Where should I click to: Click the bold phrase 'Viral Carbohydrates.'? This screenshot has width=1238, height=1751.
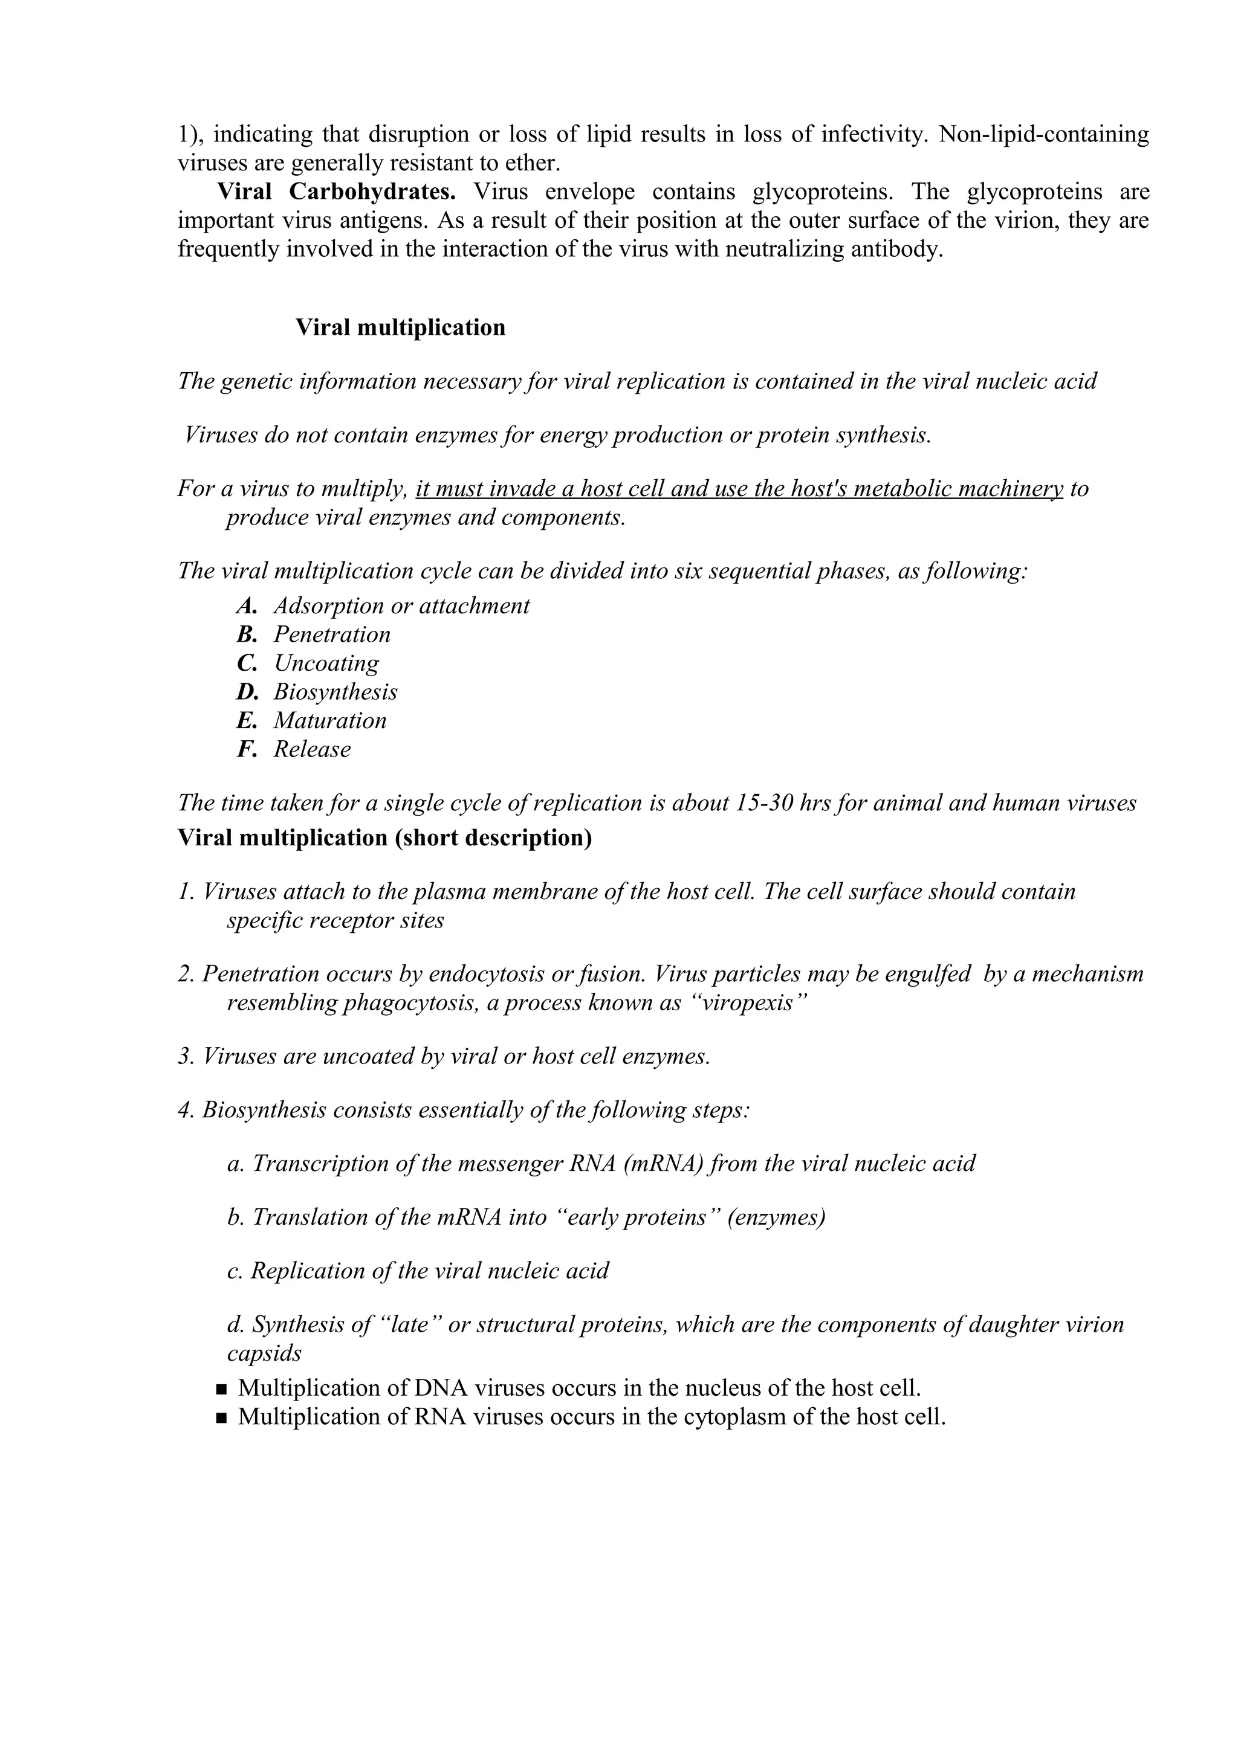pos(336,192)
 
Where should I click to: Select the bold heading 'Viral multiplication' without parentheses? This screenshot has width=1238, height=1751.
pos(400,328)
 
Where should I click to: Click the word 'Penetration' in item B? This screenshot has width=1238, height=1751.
pos(332,634)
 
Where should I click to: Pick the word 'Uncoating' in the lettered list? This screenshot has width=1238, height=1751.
pos(326,663)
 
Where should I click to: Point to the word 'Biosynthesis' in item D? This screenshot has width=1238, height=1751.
pos(335,692)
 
